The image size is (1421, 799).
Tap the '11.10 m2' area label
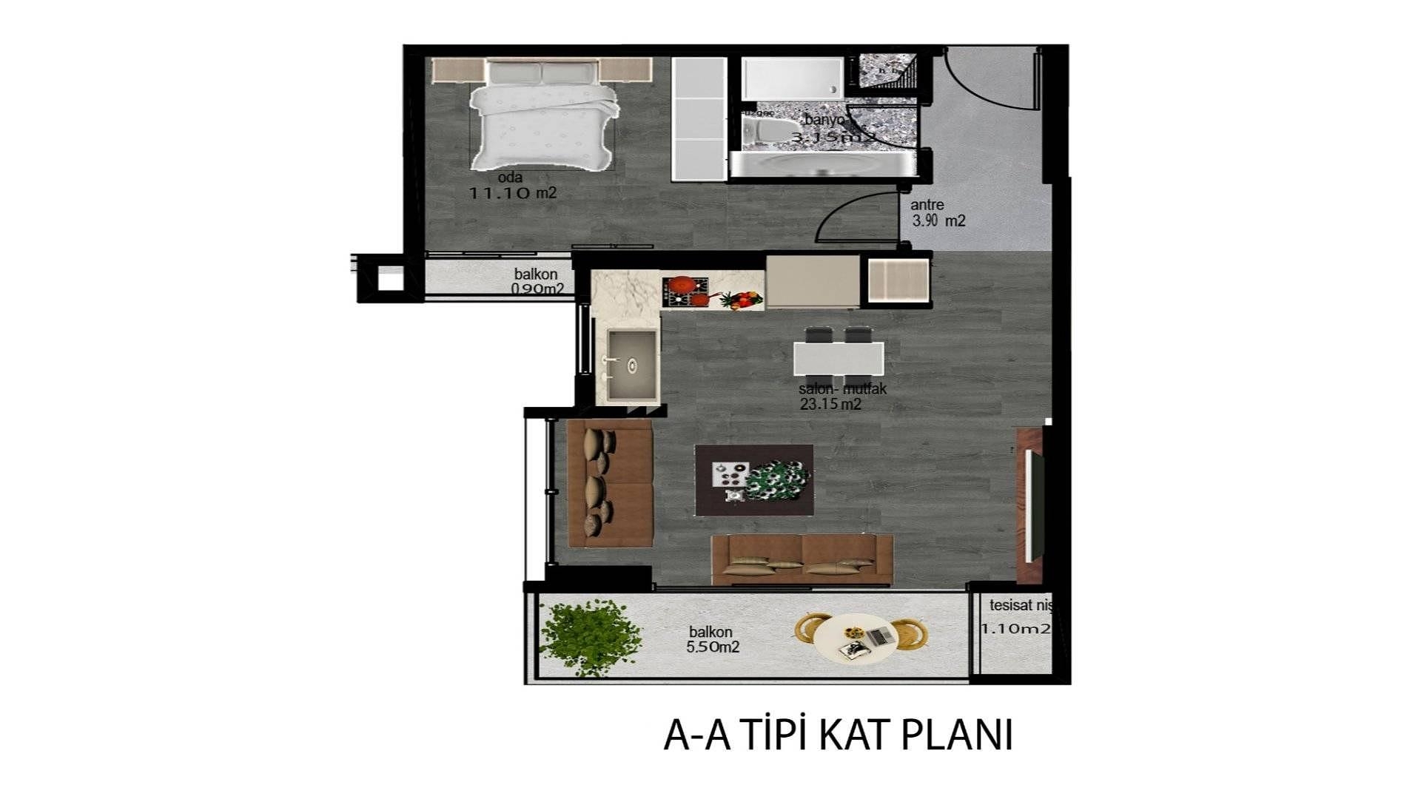513,194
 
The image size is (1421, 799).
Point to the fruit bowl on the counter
743,299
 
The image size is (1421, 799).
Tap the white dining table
839,358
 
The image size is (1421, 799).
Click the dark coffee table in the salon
753,479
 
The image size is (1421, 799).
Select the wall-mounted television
1030,505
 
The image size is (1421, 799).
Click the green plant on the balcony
589,636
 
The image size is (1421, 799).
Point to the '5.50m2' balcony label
713,647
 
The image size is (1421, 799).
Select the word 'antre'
927,205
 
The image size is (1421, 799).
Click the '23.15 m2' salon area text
830,405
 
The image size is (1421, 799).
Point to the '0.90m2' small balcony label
537,289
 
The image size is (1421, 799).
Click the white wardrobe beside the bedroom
698,118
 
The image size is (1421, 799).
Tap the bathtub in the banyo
819,164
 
